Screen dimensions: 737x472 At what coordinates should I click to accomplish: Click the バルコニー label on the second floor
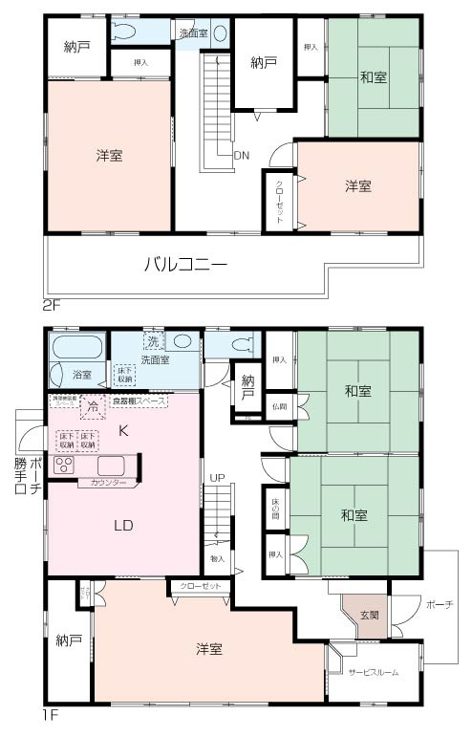tap(185, 265)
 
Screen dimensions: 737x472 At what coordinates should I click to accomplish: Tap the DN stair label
tap(242, 154)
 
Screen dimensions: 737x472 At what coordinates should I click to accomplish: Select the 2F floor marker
tap(52, 308)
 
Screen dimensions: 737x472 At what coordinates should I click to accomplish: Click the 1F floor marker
tap(51, 714)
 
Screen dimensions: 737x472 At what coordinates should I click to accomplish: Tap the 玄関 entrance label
tap(369, 615)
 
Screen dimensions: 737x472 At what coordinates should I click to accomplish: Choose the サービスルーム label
tap(373, 672)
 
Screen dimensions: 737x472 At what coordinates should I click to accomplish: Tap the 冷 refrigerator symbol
tap(93, 406)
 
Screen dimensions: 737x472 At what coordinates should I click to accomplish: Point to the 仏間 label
tap(278, 406)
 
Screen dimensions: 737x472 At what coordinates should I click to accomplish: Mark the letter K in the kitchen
tap(122, 431)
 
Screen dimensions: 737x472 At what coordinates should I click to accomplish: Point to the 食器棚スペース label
tap(139, 401)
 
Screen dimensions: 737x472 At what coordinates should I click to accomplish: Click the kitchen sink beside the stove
tap(111, 466)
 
